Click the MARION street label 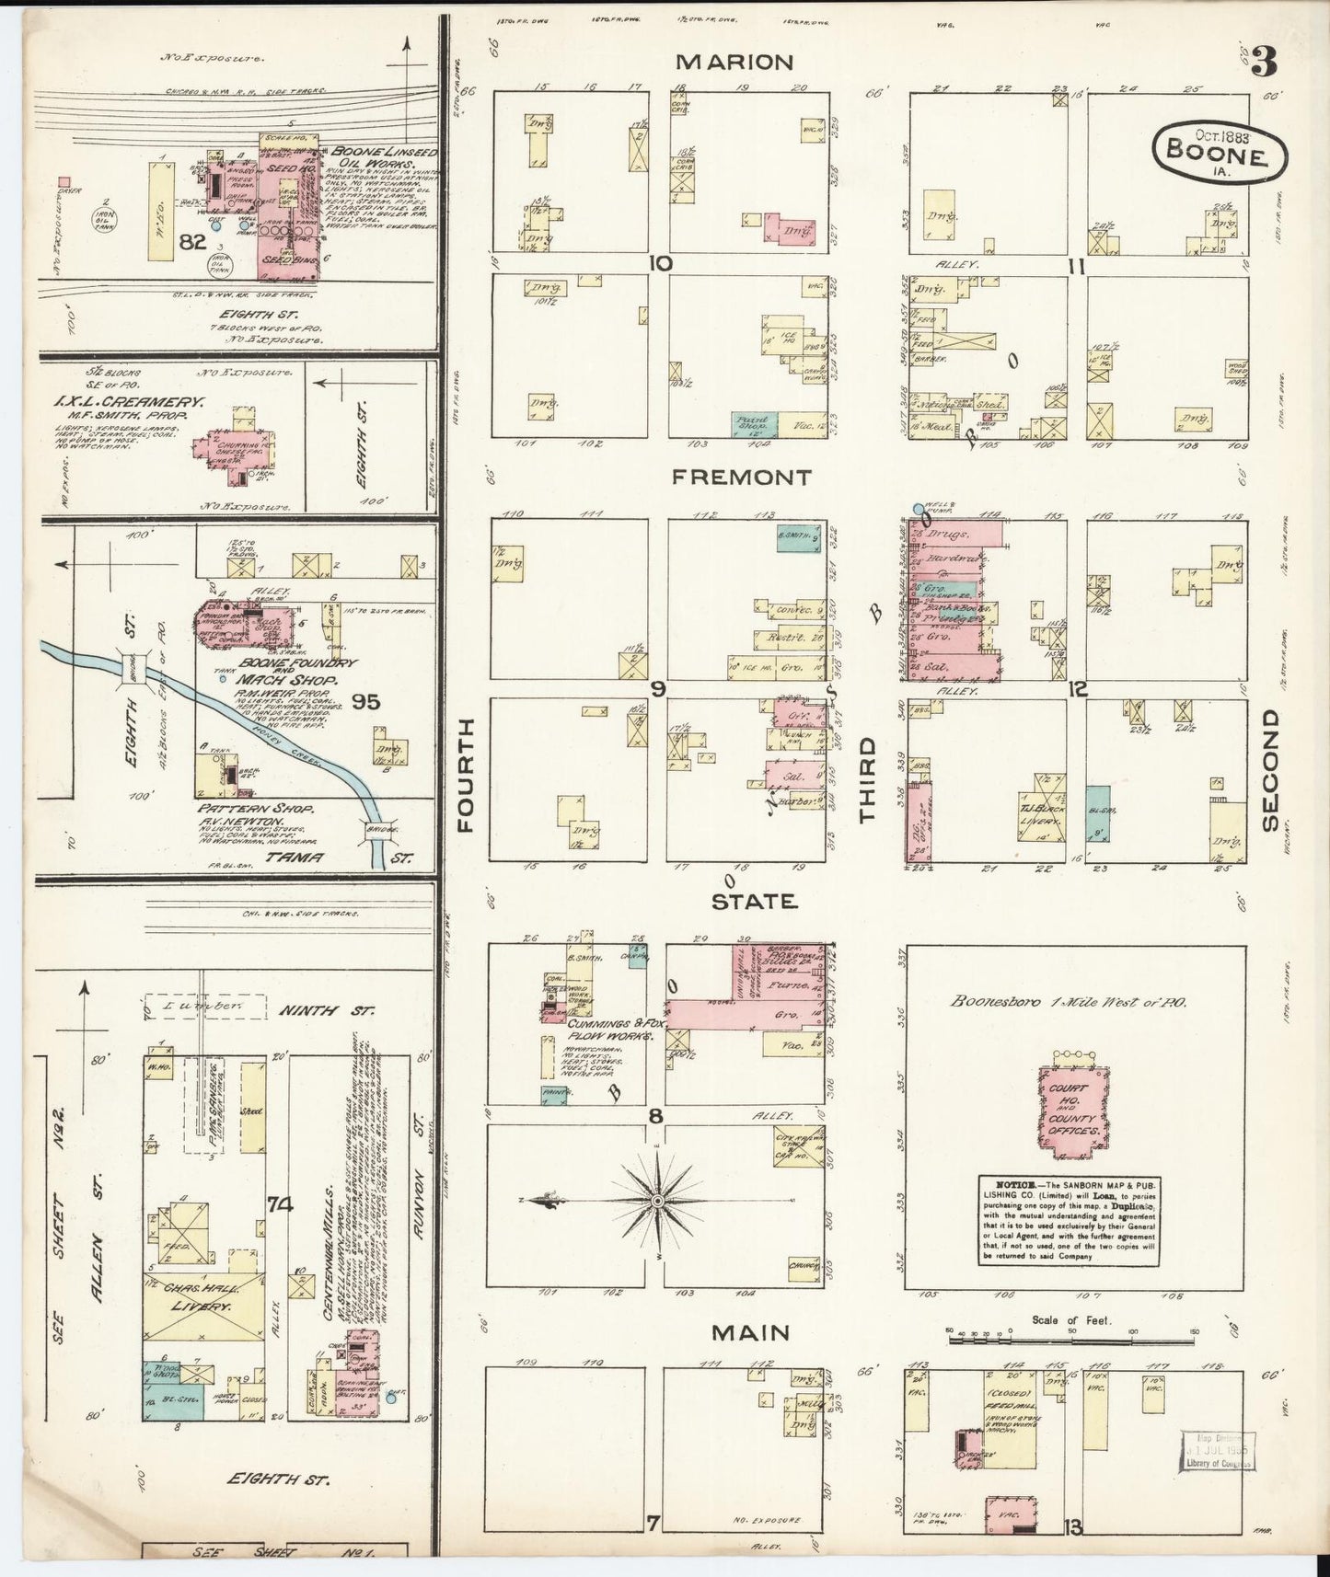tap(734, 62)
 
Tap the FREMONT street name tap(741, 477)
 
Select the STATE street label tap(753, 903)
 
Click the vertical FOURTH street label tap(465, 776)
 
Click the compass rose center tap(659, 1202)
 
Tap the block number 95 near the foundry tap(365, 702)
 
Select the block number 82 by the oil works tap(192, 242)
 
